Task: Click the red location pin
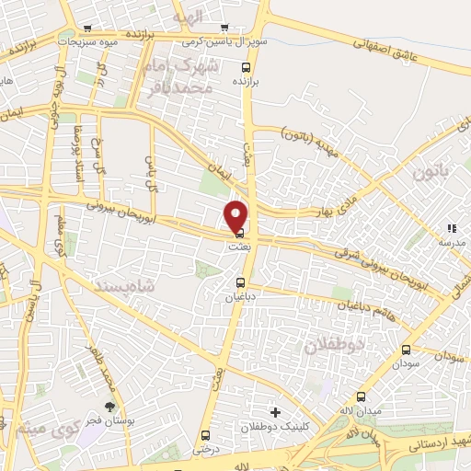236,215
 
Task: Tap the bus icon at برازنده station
245,67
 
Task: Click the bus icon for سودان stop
407,350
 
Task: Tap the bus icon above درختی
204,435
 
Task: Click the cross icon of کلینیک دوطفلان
273,411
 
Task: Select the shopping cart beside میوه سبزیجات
86,28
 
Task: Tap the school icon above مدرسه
451,227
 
